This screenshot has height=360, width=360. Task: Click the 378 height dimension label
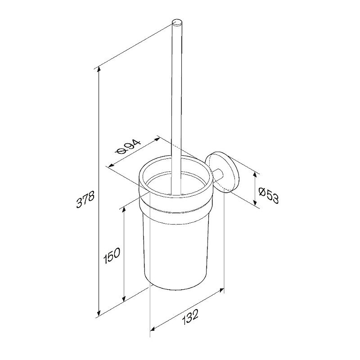pyautogui.click(x=85, y=199)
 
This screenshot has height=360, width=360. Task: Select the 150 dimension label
pyautogui.click(x=112, y=256)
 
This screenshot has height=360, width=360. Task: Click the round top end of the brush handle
pyautogui.click(x=177, y=22)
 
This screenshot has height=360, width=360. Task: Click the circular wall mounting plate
pyautogui.click(x=222, y=172)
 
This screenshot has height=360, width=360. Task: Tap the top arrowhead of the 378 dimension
pyautogui.click(x=99, y=69)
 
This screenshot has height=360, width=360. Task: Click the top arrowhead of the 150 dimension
pyautogui.click(x=124, y=210)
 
